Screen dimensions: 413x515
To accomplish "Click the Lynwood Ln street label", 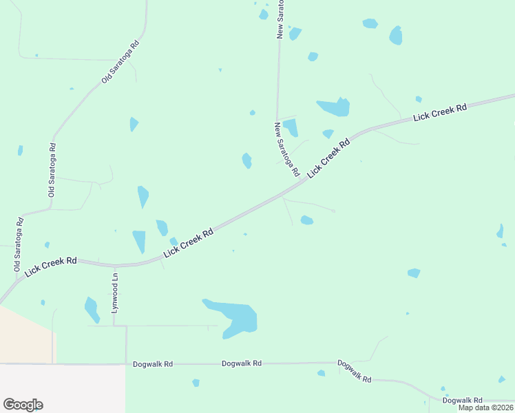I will tap(116, 293).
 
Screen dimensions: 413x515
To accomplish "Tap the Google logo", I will tap(23, 405).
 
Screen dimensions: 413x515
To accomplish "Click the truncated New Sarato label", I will tap(280, 19).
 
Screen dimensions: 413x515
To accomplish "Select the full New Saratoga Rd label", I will tap(286, 149).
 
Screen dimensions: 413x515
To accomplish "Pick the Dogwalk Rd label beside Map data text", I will tap(462, 400).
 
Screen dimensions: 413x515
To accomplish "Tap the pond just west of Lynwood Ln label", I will tap(91, 309).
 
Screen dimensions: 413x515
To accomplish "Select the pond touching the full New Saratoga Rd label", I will tap(291, 127).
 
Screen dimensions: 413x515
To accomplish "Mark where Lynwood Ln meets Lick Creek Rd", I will tap(115, 265).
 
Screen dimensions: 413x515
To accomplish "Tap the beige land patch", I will tap(24, 334).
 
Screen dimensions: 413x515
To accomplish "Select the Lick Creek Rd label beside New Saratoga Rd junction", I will tap(329, 159).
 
